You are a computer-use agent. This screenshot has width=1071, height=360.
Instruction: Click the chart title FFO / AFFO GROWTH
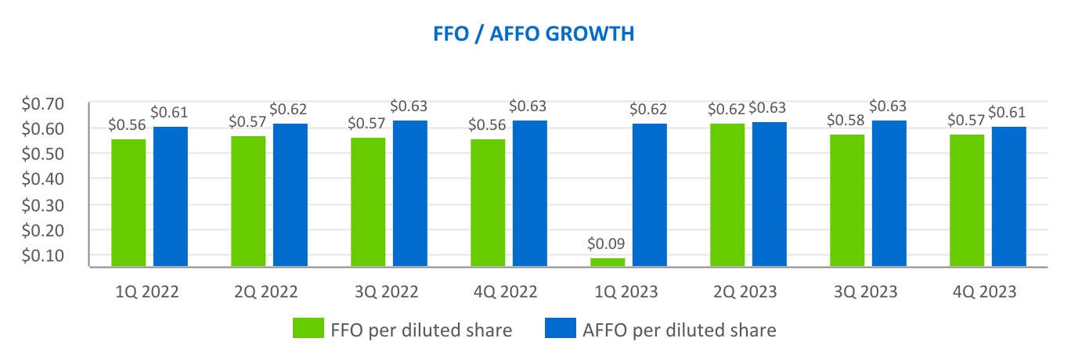(535, 34)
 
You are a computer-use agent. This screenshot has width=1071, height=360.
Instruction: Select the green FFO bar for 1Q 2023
(608, 262)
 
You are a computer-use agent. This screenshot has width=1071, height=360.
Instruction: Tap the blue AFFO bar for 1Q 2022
(170, 196)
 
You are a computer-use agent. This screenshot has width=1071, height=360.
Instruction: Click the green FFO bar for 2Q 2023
(727, 195)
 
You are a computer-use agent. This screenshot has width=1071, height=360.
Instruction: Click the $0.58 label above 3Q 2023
(847, 121)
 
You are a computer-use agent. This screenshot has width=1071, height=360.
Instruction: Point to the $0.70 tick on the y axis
(65, 103)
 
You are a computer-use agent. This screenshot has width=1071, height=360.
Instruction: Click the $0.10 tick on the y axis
(65, 256)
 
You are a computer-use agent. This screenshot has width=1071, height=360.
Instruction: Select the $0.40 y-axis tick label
(65, 179)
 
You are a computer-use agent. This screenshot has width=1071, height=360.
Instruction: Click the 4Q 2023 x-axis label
(983, 293)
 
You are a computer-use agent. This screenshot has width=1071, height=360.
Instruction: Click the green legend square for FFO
(308, 329)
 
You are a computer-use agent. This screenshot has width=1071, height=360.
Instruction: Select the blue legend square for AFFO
(558, 329)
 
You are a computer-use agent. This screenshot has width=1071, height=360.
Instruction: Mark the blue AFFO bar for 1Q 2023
(649, 195)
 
